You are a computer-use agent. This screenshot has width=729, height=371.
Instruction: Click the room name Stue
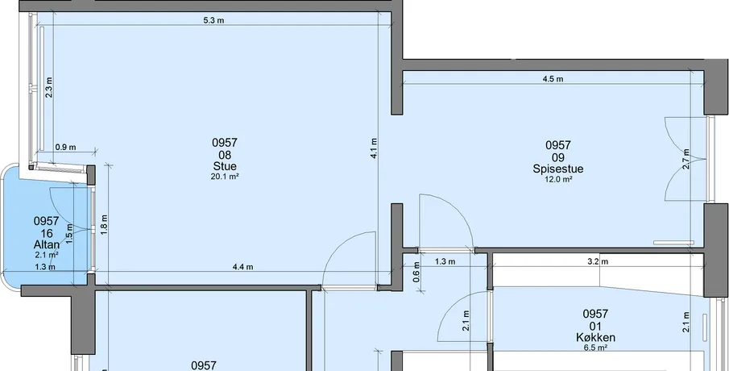(x=225, y=166)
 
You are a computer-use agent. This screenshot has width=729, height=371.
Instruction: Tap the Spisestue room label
(x=558, y=169)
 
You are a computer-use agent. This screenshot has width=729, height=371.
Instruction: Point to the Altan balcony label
(x=47, y=244)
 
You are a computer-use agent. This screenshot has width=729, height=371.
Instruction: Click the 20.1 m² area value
(x=225, y=177)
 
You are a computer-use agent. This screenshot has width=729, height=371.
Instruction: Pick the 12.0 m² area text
(x=558, y=179)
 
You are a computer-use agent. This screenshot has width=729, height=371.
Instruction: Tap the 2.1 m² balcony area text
(x=47, y=255)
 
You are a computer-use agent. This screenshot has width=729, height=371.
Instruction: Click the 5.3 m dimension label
(x=213, y=20)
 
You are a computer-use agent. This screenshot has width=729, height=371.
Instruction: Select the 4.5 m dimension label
(x=553, y=79)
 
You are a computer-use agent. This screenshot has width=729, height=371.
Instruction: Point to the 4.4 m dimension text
(x=242, y=267)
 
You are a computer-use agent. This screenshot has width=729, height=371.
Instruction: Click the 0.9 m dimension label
(x=65, y=148)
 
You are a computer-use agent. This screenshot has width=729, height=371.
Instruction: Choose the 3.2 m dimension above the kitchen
(x=598, y=261)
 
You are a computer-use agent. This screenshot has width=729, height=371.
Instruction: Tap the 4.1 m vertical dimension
(x=375, y=149)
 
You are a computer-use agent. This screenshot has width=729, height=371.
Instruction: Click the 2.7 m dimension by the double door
(x=686, y=159)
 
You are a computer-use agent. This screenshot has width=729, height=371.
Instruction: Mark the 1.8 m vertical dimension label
(x=105, y=224)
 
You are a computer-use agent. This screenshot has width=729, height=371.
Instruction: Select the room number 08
(x=225, y=155)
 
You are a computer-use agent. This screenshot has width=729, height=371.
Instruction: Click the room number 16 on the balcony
(x=47, y=233)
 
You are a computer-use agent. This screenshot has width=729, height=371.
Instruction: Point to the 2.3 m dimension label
(x=48, y=87)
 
